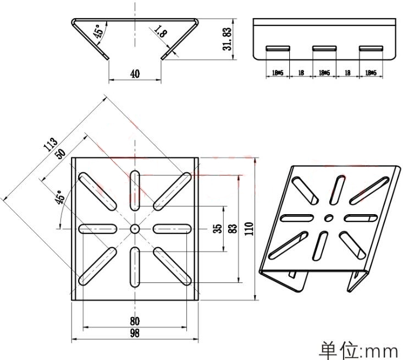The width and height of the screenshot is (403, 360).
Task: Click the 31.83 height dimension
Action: tap(226, 40)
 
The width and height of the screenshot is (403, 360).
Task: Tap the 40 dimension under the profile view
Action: tap(135, 74)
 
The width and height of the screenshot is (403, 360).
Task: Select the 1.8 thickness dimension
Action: tap(161, 32)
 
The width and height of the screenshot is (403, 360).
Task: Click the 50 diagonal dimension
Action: tap(60, 154)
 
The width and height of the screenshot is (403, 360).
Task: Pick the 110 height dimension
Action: tap(249, 228)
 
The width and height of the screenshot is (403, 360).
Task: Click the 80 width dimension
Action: tap(135, 321)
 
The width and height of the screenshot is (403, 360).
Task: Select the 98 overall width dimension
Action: tap(135, 333)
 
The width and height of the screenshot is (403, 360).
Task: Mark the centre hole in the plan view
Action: tap(135, 228)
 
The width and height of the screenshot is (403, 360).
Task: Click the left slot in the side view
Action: tap(278, 48)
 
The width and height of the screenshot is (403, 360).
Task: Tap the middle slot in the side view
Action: tap(324, 48)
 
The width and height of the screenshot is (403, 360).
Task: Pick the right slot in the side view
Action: tap(371, 48)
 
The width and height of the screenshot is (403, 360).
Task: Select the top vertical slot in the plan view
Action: tap(135, 189)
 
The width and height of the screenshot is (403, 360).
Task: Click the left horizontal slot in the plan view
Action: tap(97, 228)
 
